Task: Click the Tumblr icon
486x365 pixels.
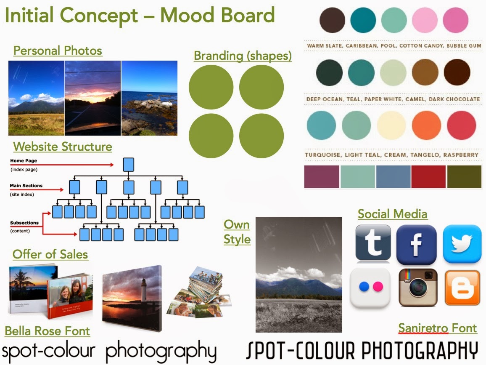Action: pos(373,244)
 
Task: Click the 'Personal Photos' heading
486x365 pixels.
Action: pos(58,51)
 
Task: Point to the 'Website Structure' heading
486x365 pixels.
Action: pos(63,147)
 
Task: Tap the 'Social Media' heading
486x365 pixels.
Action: pos(393,214)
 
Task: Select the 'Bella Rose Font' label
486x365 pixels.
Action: pos(47,331)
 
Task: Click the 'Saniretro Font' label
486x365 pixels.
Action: pos(437,328)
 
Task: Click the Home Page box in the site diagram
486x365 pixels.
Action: pos(129,164)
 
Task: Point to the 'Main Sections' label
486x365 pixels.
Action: pos(26,186)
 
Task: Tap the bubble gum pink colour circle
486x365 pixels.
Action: pos(455,20)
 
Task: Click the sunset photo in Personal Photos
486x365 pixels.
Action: pos(92,98)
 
